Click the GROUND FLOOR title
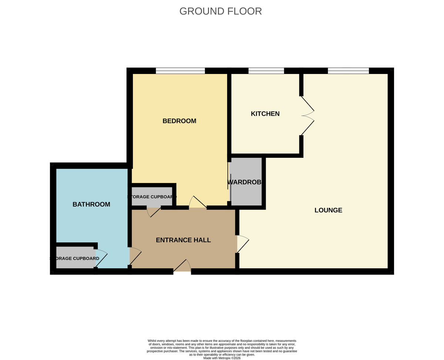click(221, 11)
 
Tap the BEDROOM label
click(179, 121)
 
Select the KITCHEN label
click(265, 114)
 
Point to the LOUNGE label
click(328, 210)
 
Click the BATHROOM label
click(91, 204)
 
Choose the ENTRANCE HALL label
click(183, 240)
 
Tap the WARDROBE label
click(245, 182)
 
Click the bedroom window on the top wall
click(180, 71)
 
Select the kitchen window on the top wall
click(266, 71)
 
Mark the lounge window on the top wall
click(348, 71)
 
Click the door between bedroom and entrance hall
click(198, 203)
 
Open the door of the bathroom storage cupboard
click(101, 258)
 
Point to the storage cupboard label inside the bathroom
click(75, 258)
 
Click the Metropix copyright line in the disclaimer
click(222, 358)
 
